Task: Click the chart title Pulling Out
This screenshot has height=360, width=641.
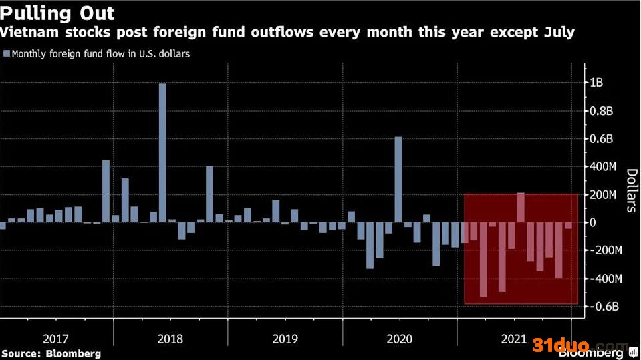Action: (x=57, y=13)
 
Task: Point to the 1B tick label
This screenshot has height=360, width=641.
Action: (x=597, y=83)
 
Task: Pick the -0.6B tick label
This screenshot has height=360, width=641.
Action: (x=604, y=306)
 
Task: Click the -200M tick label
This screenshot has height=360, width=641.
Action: (x=607, y=250)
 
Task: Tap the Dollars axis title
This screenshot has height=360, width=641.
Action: (x=630, y=190)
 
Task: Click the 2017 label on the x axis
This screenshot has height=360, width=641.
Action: (x=55, y=338)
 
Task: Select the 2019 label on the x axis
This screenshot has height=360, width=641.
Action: (x=285, y=338)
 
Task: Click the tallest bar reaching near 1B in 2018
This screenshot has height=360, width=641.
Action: (x=162, y=153)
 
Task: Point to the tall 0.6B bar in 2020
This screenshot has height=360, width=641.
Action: (x=398, y=180)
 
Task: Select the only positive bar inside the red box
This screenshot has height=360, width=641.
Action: (x=521, y=208)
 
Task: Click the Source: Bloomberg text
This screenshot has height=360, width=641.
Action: (x=51, y=353)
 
